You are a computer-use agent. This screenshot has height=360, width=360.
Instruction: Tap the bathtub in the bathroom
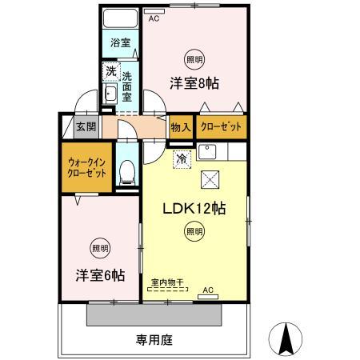tap(120, 20)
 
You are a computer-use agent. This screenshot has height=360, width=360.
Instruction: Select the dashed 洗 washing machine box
tap(110, 73)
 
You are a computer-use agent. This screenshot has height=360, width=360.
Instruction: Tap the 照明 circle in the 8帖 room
tap(194, 59)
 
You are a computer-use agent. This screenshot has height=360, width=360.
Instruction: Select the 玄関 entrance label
tap(86, 126)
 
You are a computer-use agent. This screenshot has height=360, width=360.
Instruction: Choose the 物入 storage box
tap(181, 126)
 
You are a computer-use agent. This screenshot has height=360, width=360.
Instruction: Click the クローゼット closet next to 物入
tap(217, 126)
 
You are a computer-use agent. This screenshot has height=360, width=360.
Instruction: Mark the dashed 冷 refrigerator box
tap(182, 158)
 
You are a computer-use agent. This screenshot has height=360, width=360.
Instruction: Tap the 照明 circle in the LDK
tap(194, 232)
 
